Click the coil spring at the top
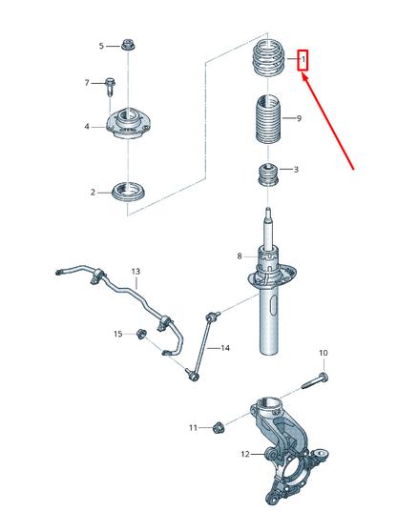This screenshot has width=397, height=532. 269,57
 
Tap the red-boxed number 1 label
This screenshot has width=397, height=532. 303,60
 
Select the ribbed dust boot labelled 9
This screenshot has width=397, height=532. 268,119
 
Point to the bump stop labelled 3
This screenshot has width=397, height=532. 268,175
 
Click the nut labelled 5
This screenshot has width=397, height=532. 127,45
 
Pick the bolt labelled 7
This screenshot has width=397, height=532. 110,87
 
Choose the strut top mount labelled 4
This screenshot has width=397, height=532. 129,124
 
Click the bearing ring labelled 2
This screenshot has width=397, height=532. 129,192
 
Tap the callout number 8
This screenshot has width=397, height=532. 240,256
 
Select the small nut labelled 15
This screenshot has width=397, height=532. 140,334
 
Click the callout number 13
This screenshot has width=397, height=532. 136,272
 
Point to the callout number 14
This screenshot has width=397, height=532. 225,348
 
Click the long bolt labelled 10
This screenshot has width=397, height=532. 315,381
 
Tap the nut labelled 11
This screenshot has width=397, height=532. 218,427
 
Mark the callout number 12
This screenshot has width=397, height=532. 245,454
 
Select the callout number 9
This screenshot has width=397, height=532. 299,118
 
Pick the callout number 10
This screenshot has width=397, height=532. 324,353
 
